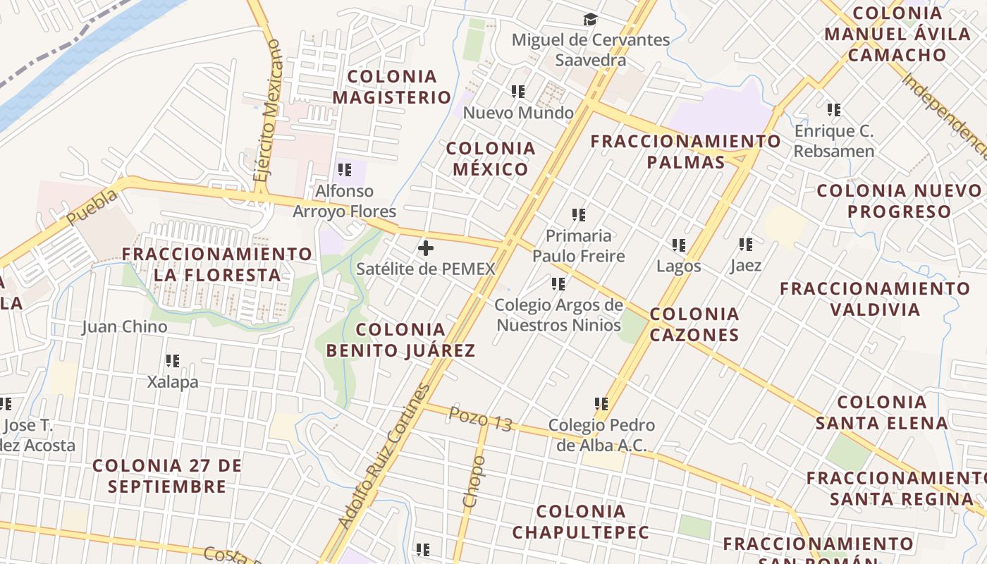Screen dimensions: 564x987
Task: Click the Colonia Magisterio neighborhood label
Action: tap(392, 87)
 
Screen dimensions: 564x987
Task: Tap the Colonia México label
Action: tap(491, 159)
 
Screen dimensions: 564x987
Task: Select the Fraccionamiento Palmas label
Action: tap(685, 152)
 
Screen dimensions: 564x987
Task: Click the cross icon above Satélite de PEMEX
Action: tap(426, 247)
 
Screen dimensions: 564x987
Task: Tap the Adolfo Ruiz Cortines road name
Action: tap(384, 456)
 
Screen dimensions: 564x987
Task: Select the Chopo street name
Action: tap(474, 481)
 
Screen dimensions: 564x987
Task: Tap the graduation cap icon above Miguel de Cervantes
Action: tap(590, 20)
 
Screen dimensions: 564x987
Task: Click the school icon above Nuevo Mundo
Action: tap(518, 91)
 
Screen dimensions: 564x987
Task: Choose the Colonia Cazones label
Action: tap(694, 324)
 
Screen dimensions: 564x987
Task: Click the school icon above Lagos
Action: tap(679, 245)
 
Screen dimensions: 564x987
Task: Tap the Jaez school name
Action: tap(746, 266)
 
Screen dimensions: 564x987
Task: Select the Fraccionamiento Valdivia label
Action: tap(875, 299)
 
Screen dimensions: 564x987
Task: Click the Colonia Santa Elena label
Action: tap(882, 412)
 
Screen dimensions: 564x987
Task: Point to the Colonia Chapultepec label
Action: tap(581, 522)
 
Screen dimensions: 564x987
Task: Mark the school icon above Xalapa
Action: tap(173, 361)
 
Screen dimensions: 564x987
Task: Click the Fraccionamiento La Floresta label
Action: tap(217, 264)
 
